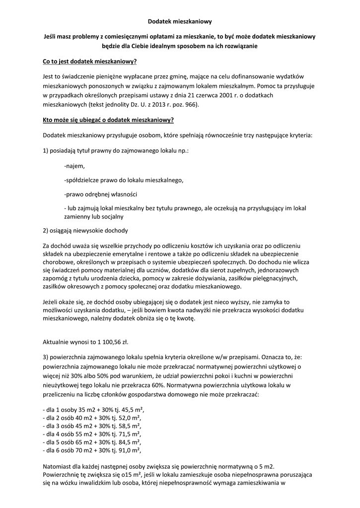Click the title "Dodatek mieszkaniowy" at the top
pos(180,22)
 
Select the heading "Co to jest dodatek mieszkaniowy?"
pos(90,62)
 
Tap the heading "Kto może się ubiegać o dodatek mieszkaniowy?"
pos(108,120)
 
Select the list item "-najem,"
pos(74,166)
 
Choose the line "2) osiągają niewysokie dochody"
pos(85,231)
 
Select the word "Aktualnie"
pos(58,343)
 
